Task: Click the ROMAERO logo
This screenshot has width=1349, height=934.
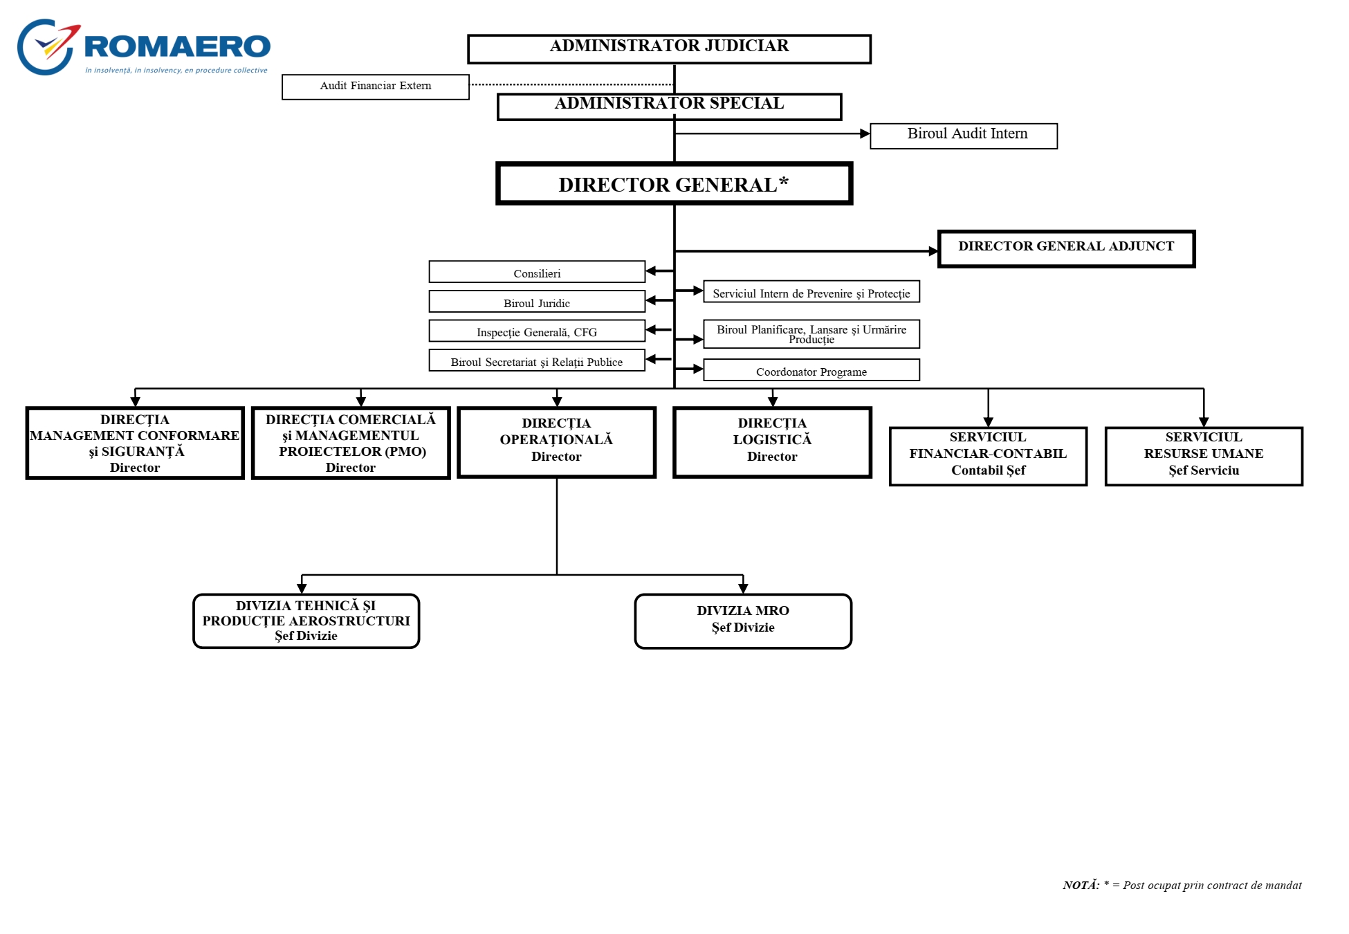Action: pos(143,47)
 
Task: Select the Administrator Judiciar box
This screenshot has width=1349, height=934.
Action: pos(669,49)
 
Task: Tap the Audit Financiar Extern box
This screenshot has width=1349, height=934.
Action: pos(376,87)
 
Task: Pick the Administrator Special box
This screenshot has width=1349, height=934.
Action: pos(669,107)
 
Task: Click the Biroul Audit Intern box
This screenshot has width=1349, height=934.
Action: pos(964,136)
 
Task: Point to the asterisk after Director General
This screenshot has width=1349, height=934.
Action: pos(783,181)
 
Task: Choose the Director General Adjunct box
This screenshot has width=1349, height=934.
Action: pos(1066,248)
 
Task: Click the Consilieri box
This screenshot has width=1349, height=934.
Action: pos(537,272)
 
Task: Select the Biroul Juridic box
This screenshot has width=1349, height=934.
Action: pos(537,302)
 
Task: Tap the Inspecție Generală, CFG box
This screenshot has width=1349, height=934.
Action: pos(537,331)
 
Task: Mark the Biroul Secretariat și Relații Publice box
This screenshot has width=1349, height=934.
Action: pos(537,360)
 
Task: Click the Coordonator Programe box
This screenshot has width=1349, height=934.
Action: pos(811,370)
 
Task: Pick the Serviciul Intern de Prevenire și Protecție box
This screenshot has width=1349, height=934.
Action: pos(811,292)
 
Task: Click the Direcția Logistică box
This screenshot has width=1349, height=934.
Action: pos(772,442)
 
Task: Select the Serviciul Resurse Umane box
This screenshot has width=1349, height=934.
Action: pos(1204,457)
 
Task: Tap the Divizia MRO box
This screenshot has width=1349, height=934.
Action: pos(743,621)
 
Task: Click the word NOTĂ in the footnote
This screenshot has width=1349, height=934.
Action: pos(1081,885)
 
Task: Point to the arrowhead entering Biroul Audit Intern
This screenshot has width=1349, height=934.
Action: pos(865,134)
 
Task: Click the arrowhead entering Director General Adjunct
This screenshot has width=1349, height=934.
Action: pos(933,251)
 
